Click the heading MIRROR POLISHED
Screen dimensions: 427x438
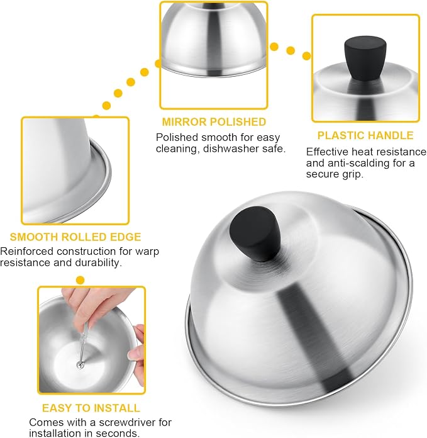[214, 122]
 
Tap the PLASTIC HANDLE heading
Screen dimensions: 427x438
[365, 135]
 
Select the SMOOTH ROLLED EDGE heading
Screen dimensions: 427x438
[75, 237]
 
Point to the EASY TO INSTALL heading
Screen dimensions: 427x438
[91, 408]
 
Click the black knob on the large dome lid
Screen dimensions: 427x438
[255, 229]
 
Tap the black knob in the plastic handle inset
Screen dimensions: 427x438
[365, 59]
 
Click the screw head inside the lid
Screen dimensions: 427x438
[80, 364]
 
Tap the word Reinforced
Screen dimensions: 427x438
[27, 251]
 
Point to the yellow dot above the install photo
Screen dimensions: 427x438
[80, 280]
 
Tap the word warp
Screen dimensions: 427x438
[147, 252]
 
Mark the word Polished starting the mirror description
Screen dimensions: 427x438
[177, 137]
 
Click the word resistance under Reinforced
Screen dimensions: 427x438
[25, 262]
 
